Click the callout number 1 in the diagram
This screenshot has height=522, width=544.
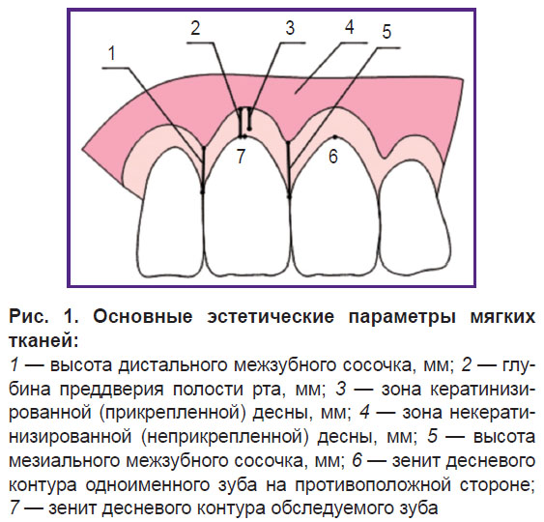(112, 54)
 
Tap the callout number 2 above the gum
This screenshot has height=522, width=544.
(196, 28)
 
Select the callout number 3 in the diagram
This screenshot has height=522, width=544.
(290, 28)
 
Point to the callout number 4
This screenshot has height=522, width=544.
(350, 27)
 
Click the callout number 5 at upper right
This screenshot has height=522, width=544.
(387, 32)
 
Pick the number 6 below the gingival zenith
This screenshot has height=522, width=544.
(333, 157)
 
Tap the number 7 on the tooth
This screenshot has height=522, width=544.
(241, 156)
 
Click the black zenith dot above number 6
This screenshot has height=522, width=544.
(334, 136)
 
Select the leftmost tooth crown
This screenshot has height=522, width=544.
(171, 213)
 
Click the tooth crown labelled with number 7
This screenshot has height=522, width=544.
(246, 207)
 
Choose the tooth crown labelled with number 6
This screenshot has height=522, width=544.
(334, 207)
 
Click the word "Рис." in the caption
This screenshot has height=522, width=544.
(29, 316)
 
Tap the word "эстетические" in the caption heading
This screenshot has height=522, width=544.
(271, 316)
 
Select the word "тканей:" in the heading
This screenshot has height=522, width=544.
(44, 341)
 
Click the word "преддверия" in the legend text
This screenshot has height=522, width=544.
(111, 389)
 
